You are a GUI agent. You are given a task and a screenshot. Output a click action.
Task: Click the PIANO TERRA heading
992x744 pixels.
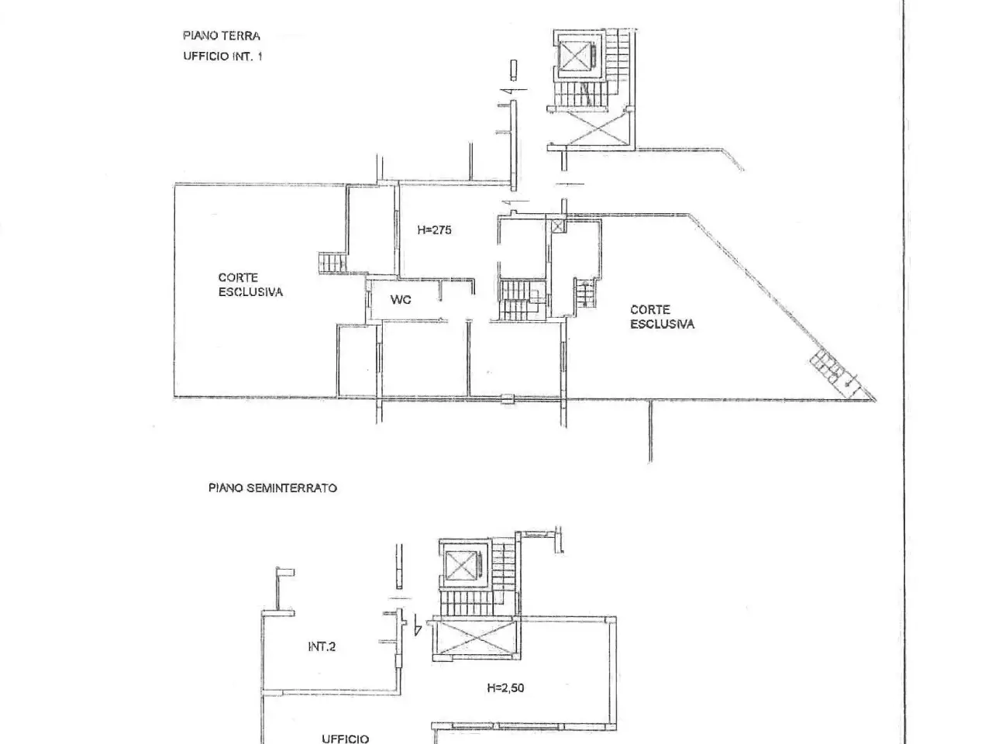[222, 36]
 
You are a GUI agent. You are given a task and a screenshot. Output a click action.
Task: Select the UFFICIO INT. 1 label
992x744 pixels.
[222, 56]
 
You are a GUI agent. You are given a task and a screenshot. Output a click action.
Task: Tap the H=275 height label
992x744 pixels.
[434, 230]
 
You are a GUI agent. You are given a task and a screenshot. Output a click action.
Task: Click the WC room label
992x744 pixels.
[401, 299]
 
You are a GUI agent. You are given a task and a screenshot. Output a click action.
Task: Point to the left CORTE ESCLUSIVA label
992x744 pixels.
[250, 284]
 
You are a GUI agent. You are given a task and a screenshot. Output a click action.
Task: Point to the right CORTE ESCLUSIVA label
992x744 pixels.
[662, 317]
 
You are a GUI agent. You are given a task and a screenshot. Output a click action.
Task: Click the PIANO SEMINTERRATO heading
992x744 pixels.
[273, 488]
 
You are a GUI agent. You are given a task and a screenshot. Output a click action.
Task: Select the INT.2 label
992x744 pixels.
[322, 646]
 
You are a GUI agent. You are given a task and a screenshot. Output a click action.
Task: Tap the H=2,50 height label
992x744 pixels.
[505, 687]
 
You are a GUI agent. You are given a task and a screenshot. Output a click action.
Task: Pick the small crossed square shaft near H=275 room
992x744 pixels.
[558, 226]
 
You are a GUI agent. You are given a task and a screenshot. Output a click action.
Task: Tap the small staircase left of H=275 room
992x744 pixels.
[333, 263]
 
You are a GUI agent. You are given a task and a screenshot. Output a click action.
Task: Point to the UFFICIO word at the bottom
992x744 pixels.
[346, 739]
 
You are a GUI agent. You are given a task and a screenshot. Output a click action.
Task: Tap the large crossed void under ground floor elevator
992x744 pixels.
[596, 128]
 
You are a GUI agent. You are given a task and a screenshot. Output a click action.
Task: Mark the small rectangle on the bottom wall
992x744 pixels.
[508, 398]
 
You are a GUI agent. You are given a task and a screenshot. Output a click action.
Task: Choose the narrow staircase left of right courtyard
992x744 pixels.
[585, 292]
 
